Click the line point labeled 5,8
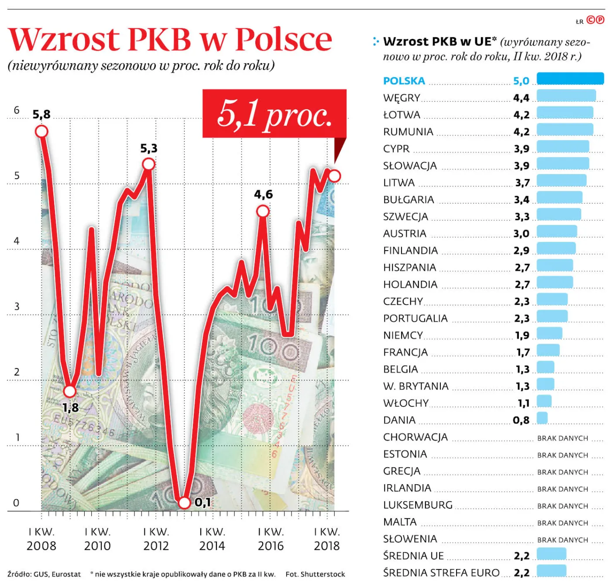click(41, 131)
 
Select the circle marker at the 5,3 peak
click(149, 164)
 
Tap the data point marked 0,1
click(185, 503)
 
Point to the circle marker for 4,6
click(263, 211)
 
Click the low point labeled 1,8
click(70, 391)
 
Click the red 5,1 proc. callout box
click(274, 114)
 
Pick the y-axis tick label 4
click(17, 241)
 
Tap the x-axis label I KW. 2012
click(156, 539)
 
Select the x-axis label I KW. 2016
click(271, 539)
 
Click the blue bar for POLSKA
click(570, 79)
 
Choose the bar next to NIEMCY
click(549, 333)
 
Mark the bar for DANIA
click(542, 418)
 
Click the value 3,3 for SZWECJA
click(522, 217)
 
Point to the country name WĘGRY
click(402, 98)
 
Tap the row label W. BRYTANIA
click(415, 386)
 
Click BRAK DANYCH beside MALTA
click(563, 523)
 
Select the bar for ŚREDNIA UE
click(551, 554)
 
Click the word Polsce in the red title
click(284, 39)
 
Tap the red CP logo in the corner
click(595, 20)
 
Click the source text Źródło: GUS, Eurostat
click(44, 574)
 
